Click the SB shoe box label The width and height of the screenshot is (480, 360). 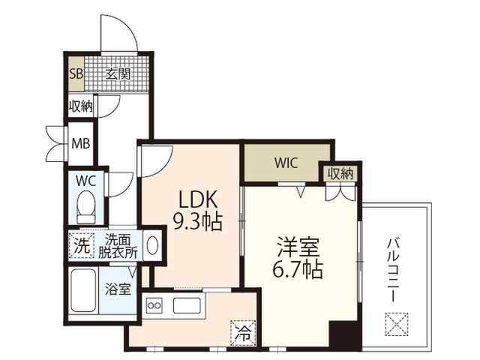pos(76,73)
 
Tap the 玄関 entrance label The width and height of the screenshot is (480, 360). pos(118,73)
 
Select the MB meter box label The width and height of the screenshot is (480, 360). pos(81,143)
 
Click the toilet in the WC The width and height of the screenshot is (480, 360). pos(86,207)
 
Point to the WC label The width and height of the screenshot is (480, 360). pos(86,181)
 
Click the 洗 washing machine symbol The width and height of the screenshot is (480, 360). pos(82,245)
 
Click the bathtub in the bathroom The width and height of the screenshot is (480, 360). pos(83,290)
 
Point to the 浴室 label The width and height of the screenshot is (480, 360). pos(118,289)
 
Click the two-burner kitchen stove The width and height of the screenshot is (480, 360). pos(154,305)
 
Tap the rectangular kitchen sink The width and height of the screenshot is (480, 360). pos(187,305)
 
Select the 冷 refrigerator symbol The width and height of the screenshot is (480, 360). pos(243,333)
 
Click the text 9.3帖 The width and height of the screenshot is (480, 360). pos(198,221)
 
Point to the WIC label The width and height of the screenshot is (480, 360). pos(286,163)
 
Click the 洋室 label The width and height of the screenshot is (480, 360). pos(298,247)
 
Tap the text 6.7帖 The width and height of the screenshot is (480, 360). pos(298,269)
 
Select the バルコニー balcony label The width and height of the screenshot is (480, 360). pos(393,270)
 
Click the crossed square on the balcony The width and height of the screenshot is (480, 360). pos(397,324)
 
